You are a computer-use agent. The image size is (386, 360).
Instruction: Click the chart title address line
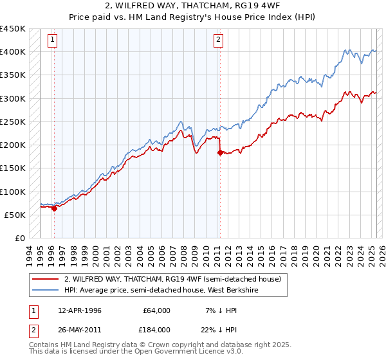click(192, 6)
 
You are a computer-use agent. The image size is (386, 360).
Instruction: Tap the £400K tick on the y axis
click(13, 52)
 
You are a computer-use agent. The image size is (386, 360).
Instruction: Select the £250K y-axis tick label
click(13, 122)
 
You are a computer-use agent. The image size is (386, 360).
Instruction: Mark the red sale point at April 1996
click(55, 208)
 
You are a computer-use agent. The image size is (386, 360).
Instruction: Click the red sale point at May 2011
click(220, 152)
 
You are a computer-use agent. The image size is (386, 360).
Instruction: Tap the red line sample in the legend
click(46, 280)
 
